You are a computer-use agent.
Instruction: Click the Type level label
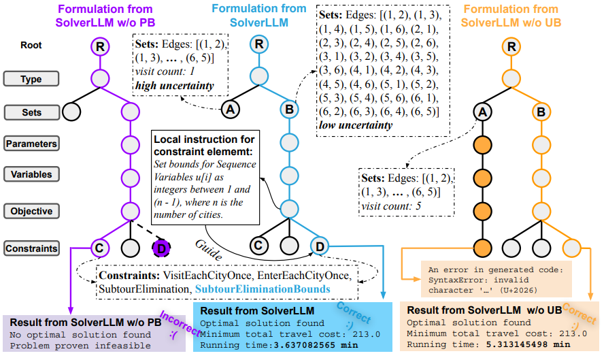31,79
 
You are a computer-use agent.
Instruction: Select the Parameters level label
31,144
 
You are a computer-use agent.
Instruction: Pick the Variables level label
31,174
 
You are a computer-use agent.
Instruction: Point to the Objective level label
31,211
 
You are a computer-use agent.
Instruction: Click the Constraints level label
31,248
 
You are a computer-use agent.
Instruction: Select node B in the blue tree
288,108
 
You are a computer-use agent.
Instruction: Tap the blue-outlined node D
320,245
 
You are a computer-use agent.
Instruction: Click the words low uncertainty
355,125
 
